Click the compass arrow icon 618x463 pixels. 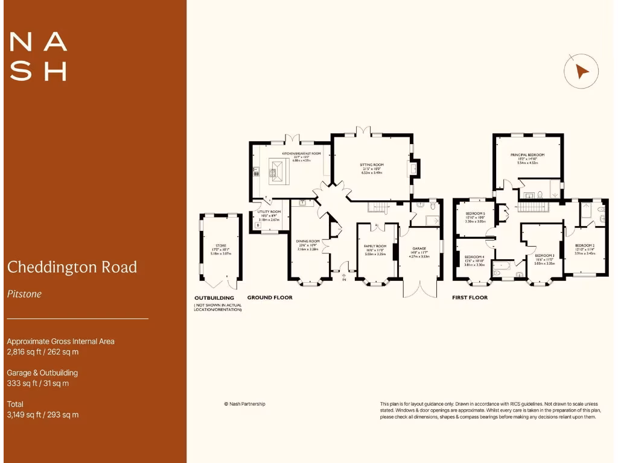point(581,71)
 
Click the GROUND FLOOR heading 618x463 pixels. point(270,297)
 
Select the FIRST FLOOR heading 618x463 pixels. point(470,297)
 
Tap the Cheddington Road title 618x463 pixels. point(72,266)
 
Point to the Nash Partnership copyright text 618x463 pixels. point(244,404)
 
